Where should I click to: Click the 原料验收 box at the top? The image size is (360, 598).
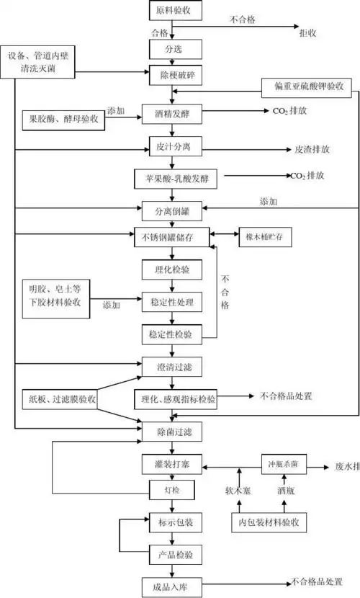(170, 12)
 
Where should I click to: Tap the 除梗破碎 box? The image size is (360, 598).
(170, 75)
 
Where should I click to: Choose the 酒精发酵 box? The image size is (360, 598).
(170, 113)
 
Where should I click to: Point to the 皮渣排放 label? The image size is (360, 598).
(312, 149)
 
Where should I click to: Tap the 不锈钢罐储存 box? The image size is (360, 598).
(170, 236)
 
